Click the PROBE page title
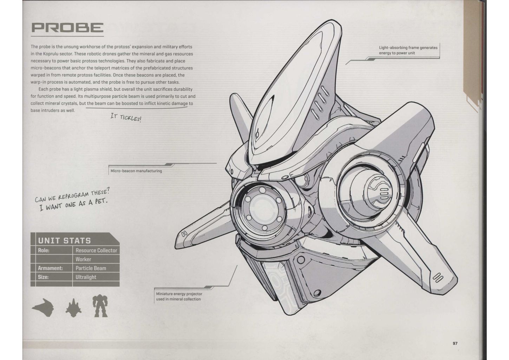tap(67, 27)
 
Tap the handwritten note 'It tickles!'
tap(126, 117)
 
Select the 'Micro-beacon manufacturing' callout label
tap(136, 171)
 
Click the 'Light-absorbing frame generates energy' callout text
tap(408, 50)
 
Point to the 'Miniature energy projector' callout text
tap(179, 296)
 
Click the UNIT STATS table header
tap(65, 240)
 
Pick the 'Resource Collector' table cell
tap(96, 250)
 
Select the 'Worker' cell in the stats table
tap(83, 259)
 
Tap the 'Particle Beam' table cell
tap(91, 268)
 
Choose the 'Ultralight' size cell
tap(86, 277)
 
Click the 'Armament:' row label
tap(50, 268)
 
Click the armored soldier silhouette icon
tap(100, 306)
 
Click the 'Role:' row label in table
tap(44, 250)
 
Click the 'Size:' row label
tap(43, 277)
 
